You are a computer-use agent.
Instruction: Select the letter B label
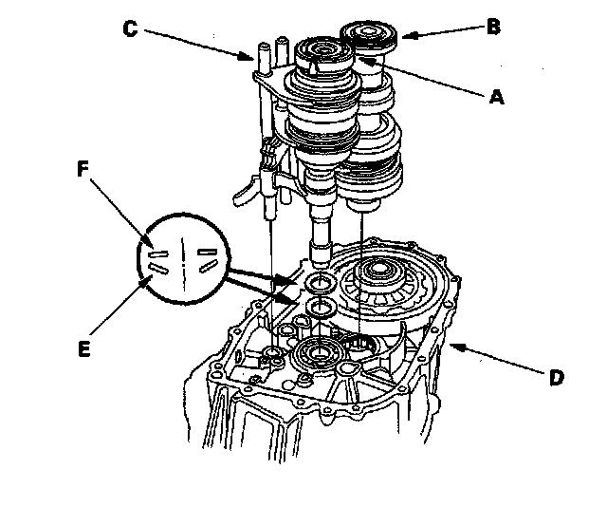492,27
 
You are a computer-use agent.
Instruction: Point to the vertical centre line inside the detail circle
184,257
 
